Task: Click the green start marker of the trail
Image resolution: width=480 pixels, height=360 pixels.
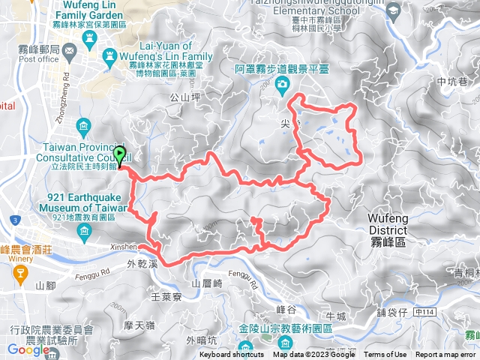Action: coord(118,154)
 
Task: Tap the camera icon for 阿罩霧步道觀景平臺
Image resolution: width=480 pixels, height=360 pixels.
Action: coord(280,85)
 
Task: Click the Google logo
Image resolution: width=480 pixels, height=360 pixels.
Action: coord(28,349)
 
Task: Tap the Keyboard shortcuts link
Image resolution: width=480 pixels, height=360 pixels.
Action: coord(231,355)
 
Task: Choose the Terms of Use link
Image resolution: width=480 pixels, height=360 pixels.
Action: coord(385,355)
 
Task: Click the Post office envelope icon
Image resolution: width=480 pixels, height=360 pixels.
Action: coord(69,52)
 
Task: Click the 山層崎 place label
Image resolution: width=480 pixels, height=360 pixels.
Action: coord(208,283)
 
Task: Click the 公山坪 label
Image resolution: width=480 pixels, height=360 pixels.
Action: coord(184,97)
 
